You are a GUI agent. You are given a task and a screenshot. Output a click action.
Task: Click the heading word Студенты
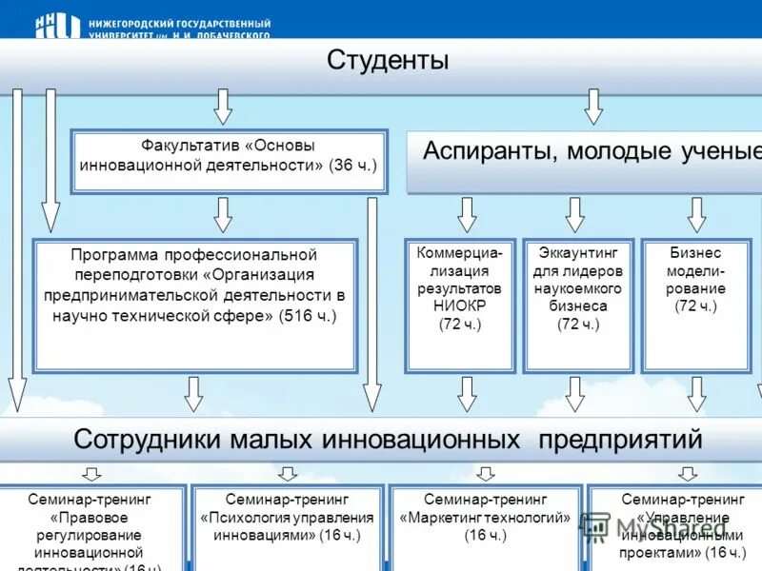coord(388,61)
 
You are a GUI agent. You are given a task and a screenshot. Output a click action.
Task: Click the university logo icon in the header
coord(57,26)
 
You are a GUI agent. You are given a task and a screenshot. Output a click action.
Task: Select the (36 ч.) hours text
coord(352,165)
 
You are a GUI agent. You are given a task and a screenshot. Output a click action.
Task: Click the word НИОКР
coord(460,306)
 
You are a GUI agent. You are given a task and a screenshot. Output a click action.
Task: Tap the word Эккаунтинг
coord(578,253)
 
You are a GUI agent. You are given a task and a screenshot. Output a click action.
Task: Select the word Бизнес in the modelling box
coord(696,253)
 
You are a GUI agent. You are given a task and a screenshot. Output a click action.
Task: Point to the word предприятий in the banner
coord(620,440)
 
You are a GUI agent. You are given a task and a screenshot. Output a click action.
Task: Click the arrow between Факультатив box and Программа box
coord(223,215)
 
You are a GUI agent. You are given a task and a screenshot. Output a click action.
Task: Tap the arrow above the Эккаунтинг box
coord(574,215)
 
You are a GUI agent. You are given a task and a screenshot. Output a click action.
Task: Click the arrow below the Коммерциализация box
coord(467,393)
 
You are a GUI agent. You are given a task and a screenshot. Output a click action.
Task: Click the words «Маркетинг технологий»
coord(486,517)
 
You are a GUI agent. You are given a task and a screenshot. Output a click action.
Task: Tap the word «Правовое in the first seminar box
coord(90,517)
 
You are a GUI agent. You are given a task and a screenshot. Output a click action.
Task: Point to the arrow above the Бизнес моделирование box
coord(697,215)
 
